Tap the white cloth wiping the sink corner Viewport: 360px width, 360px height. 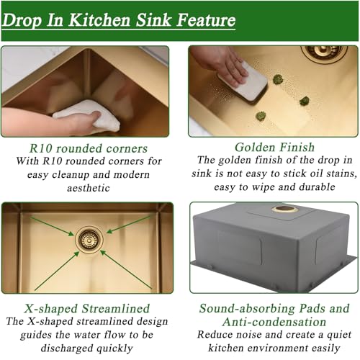(x=85, y=115)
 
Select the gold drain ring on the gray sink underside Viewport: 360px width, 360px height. (x=285, y=210)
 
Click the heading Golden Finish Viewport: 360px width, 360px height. (x=273, y=147)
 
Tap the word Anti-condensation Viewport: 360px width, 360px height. (x=274, y=322)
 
